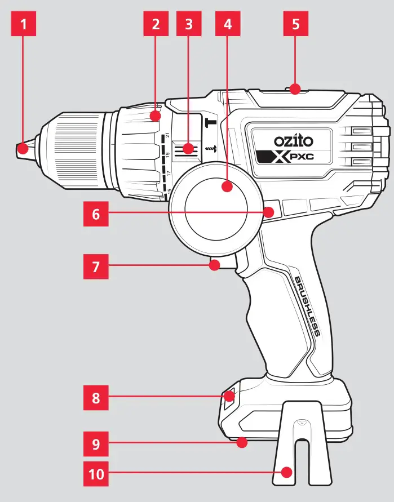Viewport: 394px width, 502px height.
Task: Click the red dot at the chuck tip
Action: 23,149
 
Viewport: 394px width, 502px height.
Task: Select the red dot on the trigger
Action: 214,265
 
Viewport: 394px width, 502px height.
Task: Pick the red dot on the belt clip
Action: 287,472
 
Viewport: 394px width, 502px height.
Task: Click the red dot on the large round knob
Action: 228,186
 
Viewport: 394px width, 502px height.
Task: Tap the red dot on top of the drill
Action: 295,87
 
